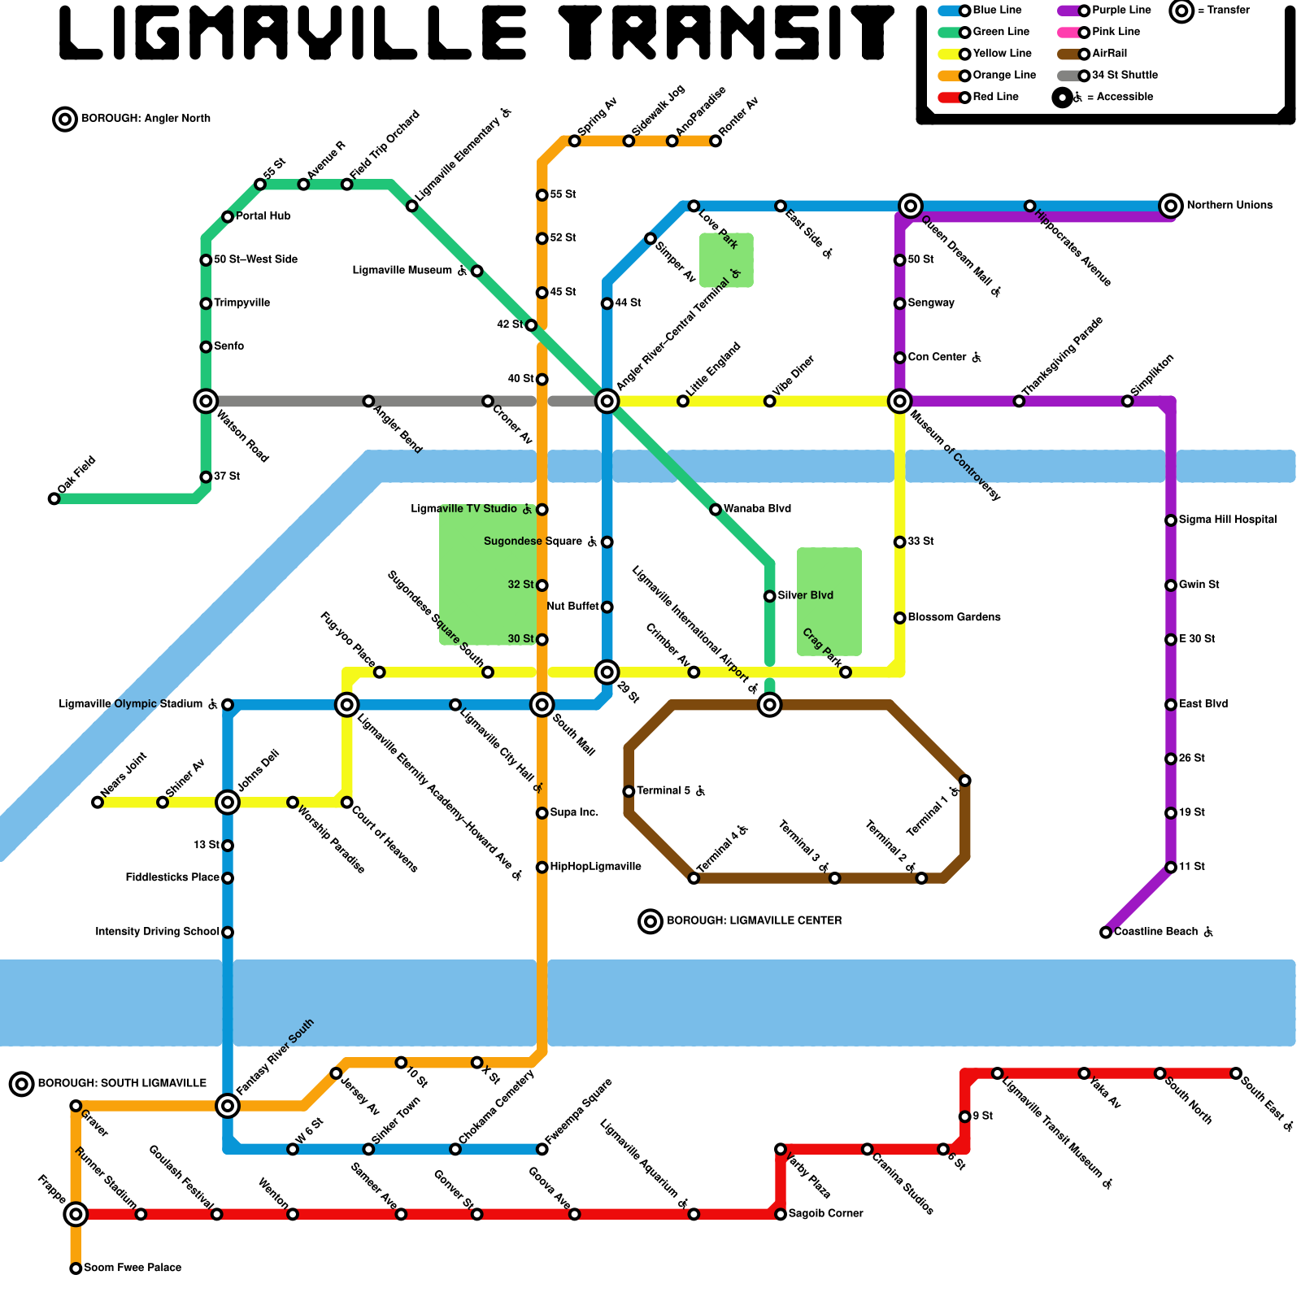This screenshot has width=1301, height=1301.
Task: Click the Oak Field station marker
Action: pyautogui.click(x=54, y=498)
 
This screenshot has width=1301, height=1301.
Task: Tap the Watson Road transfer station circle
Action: pyautogui.click(x=206, y=401)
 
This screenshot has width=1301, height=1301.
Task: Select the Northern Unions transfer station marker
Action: pyautogui.click(x=1170, y=206)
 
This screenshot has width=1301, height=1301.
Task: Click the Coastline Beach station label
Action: pyautogui.click(x=1155, y=932)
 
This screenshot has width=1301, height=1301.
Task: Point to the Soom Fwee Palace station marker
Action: pyautogui.click(x=76, y=1268)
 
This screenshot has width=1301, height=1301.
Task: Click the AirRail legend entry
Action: pyautogui.click(x=1103, y=54)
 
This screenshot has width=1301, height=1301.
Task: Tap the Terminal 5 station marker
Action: pyautogui.click(x=629, y=791)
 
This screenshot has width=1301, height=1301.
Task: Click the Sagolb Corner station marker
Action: pyautogui.click(x=781, y=1214)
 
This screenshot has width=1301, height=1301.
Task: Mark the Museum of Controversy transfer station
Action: pyautogui.click(x=899, y=401)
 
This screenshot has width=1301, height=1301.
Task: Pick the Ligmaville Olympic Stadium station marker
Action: pyautogui.click(x=228, y=704)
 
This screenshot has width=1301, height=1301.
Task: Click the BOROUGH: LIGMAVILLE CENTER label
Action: pyautogui.click(x=754, y=920)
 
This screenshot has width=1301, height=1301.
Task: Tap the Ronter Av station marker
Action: pyautogui.click(x=716, y=141)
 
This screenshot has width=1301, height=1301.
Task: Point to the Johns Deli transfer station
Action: pyautogui.click(x=228, y=803)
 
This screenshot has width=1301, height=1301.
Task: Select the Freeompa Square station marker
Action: pyautogui.click(x=542, y=1149)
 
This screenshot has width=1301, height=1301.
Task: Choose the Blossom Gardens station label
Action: pyautogui.click(x=954, y=618)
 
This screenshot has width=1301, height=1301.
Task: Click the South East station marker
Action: pyautogui.click(x=1236, y=1073)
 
